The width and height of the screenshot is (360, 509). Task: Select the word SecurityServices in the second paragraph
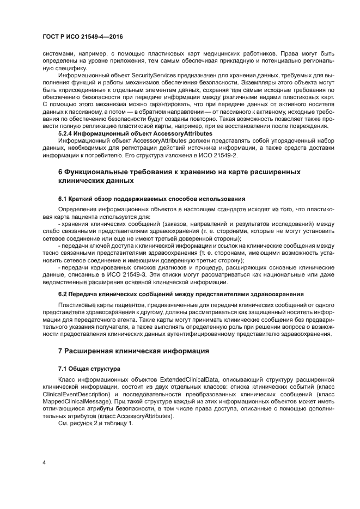click(139, 75)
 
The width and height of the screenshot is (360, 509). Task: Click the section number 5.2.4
click(67, 133)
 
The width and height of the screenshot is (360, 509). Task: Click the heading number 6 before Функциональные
click(60, 172)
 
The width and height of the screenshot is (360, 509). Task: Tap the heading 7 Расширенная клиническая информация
click(134, 352)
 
